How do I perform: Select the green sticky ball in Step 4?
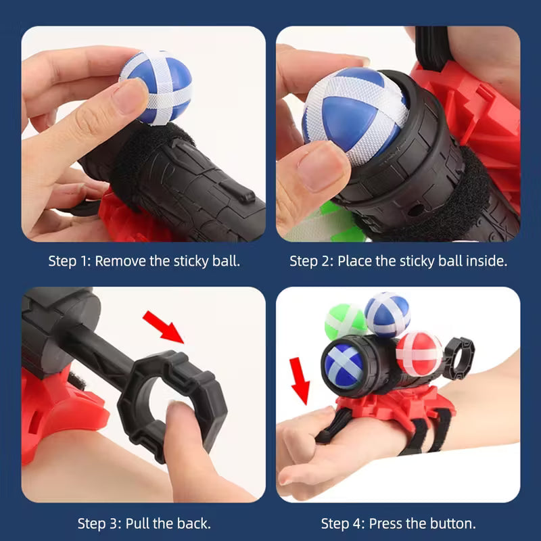tap(344, 323)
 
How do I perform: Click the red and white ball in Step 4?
tap(418, 352)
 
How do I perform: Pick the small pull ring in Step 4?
tap(461, 351)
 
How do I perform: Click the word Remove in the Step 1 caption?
tap(120, 260)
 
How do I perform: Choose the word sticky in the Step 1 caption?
tap(188, 260)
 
